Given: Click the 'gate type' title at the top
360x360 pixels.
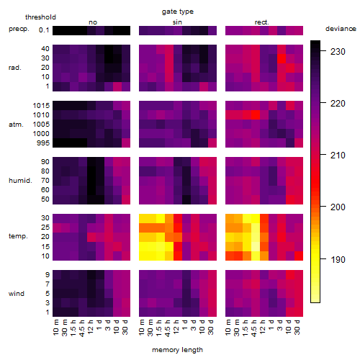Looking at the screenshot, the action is click(178, 12).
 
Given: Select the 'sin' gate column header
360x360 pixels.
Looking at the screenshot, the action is click(177, 22).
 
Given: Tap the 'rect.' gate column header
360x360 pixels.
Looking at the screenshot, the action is click(261, 22).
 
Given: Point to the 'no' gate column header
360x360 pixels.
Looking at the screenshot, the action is click(93, 22).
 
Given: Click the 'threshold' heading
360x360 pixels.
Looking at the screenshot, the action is click(40, 17).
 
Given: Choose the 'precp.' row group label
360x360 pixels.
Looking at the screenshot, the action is click(19, 29).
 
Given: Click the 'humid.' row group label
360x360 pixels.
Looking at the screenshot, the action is click(20, 181).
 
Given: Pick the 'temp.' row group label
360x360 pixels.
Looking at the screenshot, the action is click(18, 236).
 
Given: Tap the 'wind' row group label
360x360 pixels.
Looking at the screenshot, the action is click(17, 294).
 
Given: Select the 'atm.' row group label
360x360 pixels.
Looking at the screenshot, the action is click(16, 125).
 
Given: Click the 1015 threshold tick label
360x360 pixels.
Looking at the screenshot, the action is click(41, 106).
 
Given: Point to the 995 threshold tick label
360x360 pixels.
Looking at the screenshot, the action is click(43, 143).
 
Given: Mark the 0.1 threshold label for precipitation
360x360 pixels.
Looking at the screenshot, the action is click(44, 30).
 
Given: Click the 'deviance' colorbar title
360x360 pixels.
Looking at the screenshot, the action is click(341, 29).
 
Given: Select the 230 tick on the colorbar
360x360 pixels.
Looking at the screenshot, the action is click(338, 52).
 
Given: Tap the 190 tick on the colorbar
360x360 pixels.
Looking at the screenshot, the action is click(338, 260).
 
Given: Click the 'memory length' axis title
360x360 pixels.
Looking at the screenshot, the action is click(178, 350).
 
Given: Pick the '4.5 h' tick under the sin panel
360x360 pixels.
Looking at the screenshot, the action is click(168, 328).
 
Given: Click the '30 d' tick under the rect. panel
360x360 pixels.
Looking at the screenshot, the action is click(297, 328).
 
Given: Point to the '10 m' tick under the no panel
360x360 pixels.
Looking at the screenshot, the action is click(55, 328).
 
